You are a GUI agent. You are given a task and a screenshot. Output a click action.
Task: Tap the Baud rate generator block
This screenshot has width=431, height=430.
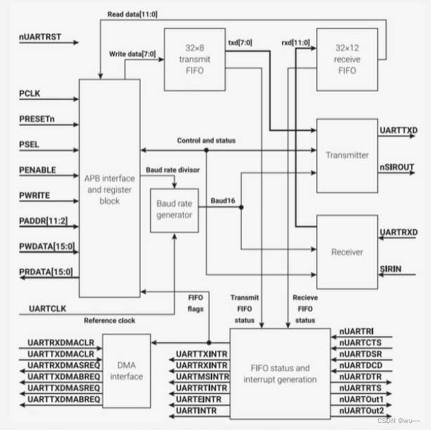coord(175,210)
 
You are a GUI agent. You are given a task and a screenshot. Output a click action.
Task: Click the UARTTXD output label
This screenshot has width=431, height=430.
coord(399,131)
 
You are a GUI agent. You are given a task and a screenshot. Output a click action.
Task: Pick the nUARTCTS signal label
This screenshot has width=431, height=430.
coord(359,342)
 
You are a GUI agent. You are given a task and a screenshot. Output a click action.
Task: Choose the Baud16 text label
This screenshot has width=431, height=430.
coord(223,201)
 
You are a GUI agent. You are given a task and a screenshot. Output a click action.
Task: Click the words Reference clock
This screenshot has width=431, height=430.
coord(110,321)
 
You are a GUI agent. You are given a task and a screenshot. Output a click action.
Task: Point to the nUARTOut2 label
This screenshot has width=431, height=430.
coord(361,411)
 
